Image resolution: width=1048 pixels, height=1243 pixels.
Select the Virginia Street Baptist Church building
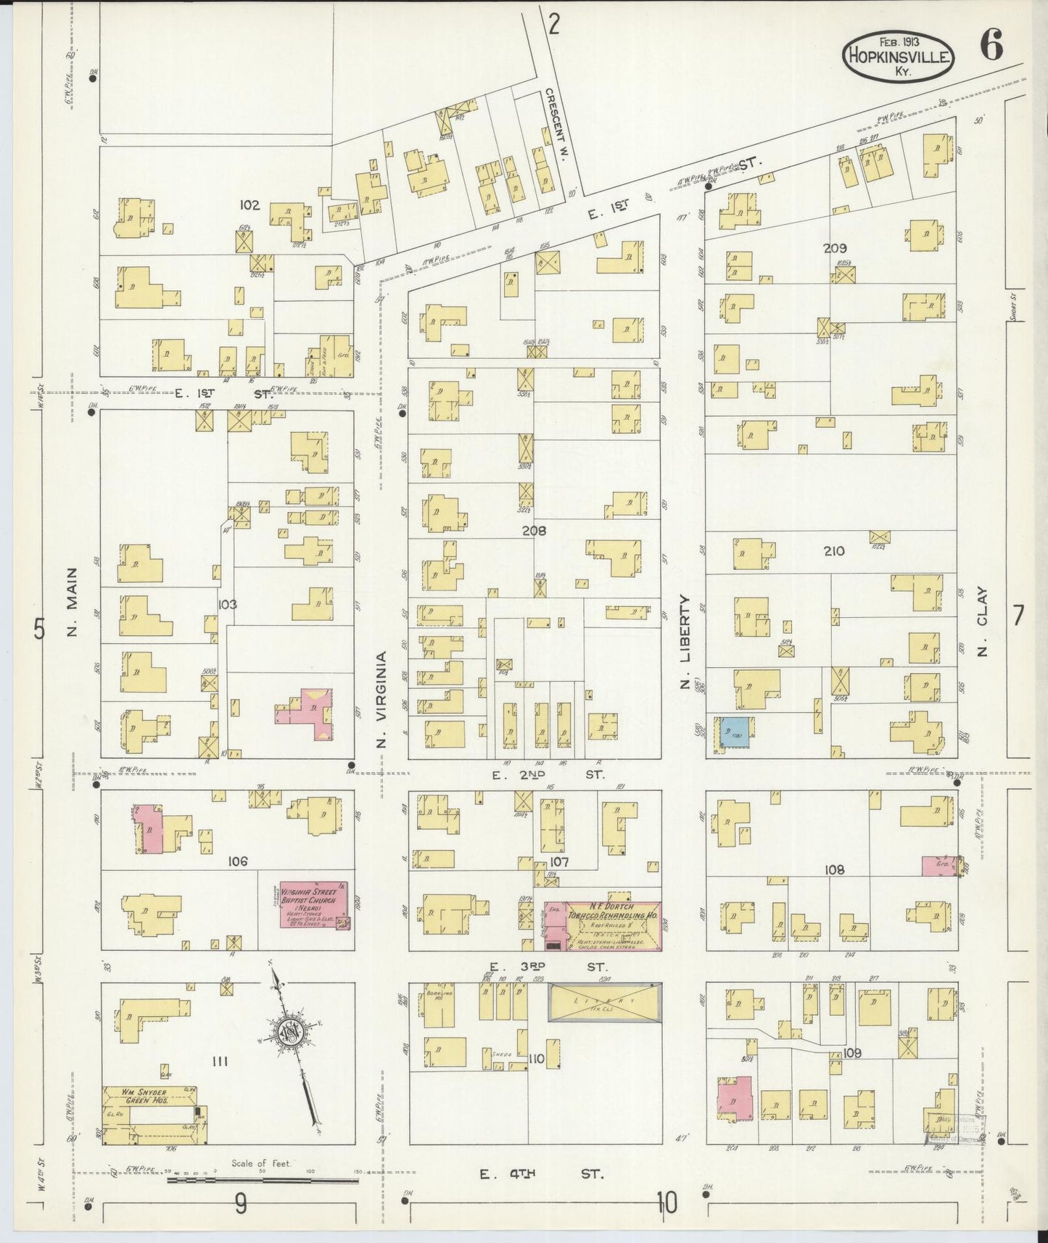(x=313, y=904)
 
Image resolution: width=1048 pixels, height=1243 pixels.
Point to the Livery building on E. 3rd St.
(x=605, y=1003)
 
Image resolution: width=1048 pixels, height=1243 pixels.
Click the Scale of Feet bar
(x=263, y=1180)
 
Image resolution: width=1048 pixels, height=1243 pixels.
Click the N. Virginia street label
(x=381, y=698)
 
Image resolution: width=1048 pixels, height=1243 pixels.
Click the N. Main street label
(x=73, y=601)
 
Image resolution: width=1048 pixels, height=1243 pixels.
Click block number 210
(x=834, y=551)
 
